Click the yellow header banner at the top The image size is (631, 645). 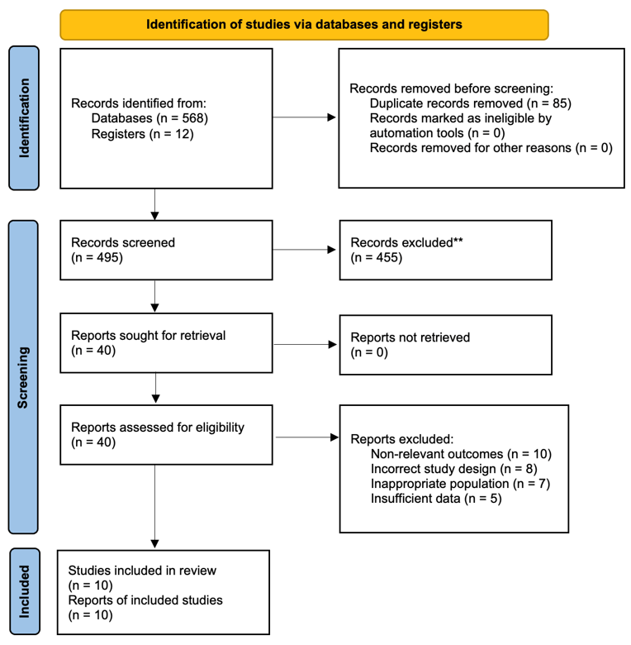tap(304, 25)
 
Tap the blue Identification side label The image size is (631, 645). tap(24, 118)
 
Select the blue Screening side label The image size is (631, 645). tap(23, 377)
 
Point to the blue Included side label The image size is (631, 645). tap(25, 591)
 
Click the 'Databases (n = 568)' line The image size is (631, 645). tap(149, 118)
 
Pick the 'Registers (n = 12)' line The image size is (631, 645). tap(142, 134)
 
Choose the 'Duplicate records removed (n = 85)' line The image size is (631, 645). tap(471, 103)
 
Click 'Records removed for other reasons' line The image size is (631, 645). tap(491, 148)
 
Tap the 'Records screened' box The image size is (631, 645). tap(166, 250)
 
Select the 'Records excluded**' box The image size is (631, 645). tap(446, 250)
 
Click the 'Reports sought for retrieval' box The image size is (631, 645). tap(166, 343)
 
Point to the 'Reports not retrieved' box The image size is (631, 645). tap(446, 345)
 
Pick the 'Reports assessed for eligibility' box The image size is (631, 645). tap(166, 435)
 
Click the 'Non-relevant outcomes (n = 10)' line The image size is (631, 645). tap(461, 454)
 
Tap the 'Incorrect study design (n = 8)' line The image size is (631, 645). tap(454, 469)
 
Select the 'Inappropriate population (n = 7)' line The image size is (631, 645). tap(460, 484)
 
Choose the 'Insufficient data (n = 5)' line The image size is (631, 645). tap(436, 499)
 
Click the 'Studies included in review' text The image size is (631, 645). tap(142, 571)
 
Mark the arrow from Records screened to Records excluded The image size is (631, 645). tap(305, 250)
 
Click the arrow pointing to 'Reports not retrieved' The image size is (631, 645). tap(306, 344)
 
